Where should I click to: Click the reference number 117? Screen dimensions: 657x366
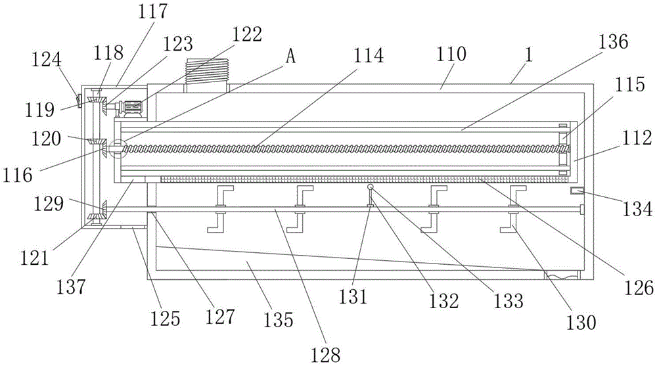153,11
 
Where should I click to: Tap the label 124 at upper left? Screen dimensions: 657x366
47,60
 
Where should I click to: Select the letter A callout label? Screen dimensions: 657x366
290,56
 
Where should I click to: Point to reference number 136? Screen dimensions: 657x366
613,42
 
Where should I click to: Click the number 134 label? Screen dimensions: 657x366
637,208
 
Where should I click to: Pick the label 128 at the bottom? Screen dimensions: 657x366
326,355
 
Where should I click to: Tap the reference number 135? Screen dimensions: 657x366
279,320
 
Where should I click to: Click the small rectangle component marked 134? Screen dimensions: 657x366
577,191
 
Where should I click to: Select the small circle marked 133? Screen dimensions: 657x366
370,187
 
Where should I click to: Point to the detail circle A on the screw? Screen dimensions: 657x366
117,149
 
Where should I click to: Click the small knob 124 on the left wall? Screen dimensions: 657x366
78,101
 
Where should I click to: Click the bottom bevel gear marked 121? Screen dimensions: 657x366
96,217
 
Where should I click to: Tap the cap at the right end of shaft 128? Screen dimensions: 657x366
581,209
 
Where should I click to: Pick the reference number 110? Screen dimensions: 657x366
451,55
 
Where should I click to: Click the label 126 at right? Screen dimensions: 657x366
638,288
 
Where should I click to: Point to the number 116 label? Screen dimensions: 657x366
17,175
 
